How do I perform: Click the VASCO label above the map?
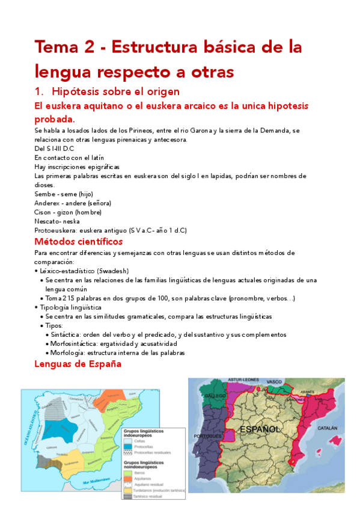coord(274,381)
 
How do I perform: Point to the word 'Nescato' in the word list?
coord(46,221)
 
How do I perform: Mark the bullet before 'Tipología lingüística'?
coord(37,307)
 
